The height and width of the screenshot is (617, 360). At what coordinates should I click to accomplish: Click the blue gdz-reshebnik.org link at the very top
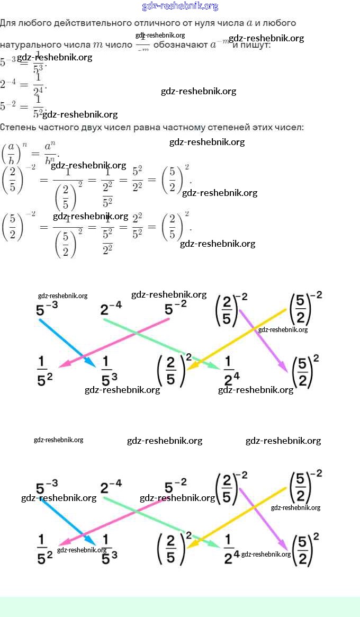(x=180, y=6)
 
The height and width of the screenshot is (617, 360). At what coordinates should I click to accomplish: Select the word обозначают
(x=180, y=45)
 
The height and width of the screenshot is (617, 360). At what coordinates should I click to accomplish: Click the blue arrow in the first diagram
(x=67, y=343)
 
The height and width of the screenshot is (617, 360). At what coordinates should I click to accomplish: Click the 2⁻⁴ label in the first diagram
(x=111, y=308)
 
